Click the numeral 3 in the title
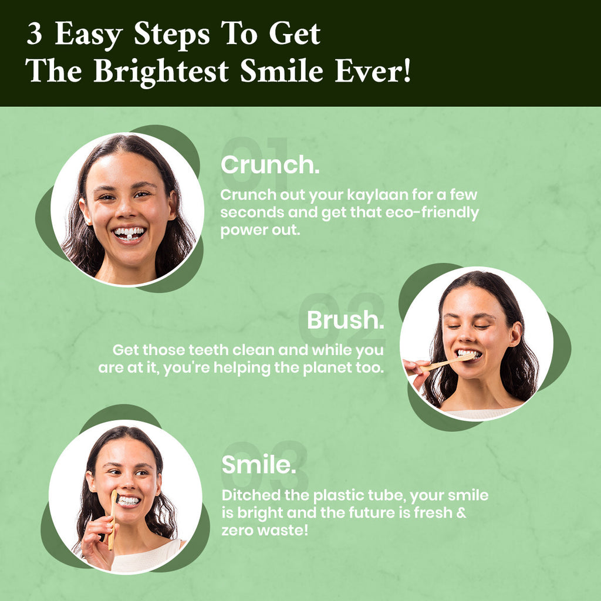pyautogui.click(x=35, y=33)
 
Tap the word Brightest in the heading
pyautogui.click(x=161, y=72)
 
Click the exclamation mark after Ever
pyautogui.click(x=406, y=70)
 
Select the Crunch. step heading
pyautogui.click(x=270, y=165)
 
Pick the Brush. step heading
pyautogui.click(x=345, y=320)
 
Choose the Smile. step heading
pyautogui.click(x=259, y=465)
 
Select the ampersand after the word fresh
pyautogui.click(x=461, y=513)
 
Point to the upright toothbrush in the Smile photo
pyautogui.click(x=112, y=520)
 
